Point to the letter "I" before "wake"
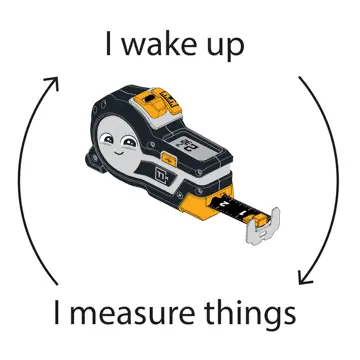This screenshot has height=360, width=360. [x=108, y=43]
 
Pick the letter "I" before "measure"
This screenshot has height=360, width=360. [x=57, y=313]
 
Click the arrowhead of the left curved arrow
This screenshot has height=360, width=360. [x=53, y=82]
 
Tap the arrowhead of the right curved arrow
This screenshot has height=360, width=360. [x=304, y=278]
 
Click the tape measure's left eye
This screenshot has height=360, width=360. [x=107, y=138]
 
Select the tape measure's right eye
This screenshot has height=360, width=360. [x=130, y=143]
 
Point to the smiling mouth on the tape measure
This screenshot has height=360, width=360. [x=118, y=153]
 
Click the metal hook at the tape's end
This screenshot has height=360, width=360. [x=263, y=227]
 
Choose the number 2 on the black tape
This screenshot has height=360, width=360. [x=225, y=204]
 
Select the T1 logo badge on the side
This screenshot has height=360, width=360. [x=161, y=172]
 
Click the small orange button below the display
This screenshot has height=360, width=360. [x=168, y=158]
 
